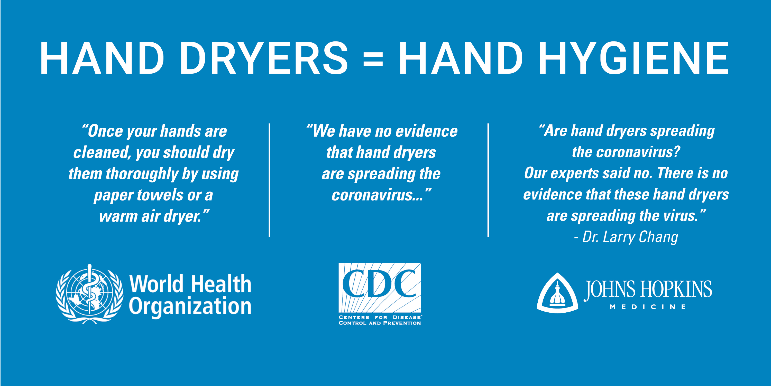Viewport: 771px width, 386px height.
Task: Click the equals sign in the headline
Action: [x=373, y=59]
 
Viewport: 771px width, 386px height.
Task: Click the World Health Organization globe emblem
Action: [x=89, y=294]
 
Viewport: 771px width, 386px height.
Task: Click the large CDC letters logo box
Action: [x=380, y=288]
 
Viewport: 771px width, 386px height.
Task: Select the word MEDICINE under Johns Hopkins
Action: [x=648, y=307]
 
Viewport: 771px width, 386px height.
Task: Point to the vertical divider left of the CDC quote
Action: [x=269, y=180]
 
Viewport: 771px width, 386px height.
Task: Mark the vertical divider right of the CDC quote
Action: [x=488, y=180]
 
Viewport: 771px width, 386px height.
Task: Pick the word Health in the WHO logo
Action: [x=221, y=284]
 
